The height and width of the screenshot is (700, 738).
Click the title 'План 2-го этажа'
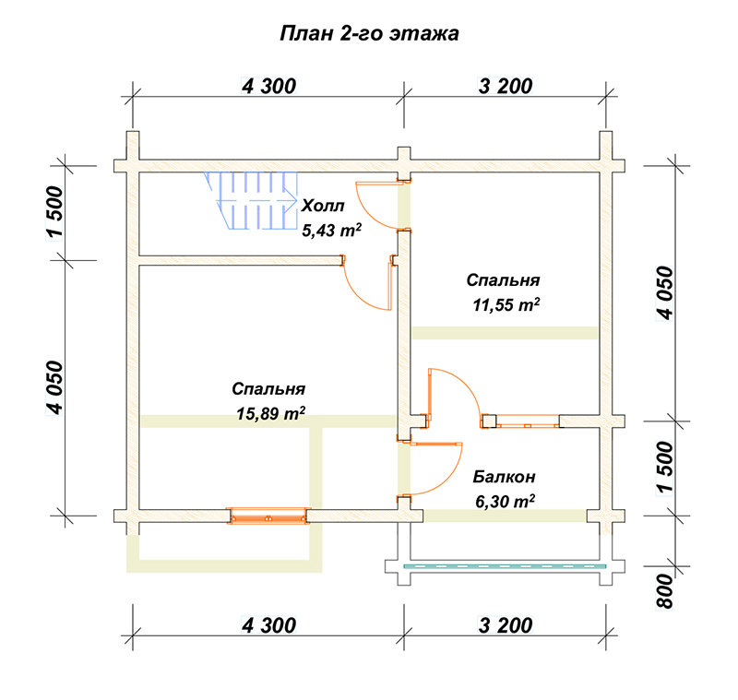point(370,34)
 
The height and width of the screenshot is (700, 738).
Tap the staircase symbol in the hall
point(251,200)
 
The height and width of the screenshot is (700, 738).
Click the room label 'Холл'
point(323,206)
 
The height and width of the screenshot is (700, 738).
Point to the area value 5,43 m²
point(332,230)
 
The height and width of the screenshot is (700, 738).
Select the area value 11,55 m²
point(506,305)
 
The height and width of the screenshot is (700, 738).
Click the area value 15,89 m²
point(270,413)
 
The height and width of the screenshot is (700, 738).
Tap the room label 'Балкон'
point(504,477)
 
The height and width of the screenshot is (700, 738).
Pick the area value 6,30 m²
point(505,502)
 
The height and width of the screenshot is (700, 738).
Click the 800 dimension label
point(665,591)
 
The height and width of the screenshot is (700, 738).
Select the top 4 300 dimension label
point(268,86)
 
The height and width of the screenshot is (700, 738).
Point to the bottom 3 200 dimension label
point(506,625)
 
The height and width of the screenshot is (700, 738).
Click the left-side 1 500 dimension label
point(54,212)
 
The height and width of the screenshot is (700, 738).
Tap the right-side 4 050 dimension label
point(665,293)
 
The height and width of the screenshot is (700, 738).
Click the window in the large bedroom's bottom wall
point(268,516)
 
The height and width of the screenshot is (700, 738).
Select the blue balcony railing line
point(505,566)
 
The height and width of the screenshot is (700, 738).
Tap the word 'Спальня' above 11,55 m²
point(503,279)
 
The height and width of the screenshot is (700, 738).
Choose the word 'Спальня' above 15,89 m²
point(268,389)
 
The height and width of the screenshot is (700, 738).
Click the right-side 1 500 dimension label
point(665,468)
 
